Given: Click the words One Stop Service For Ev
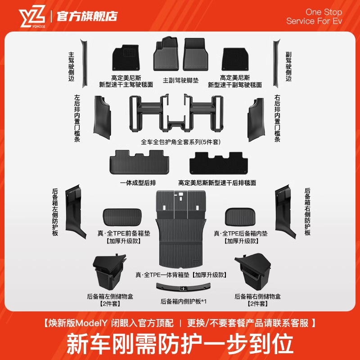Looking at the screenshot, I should pyautogui.click(x=314, y=17).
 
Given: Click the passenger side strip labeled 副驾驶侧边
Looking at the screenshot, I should pyautogui.click(x=276, y=63).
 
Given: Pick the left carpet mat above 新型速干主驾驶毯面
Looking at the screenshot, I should pyautogui.click(x=126, y=58).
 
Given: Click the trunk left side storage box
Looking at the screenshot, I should pyautogui.click(x=107, y=273).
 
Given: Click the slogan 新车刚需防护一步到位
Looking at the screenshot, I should pyautogui.click(x=180, y=343).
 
